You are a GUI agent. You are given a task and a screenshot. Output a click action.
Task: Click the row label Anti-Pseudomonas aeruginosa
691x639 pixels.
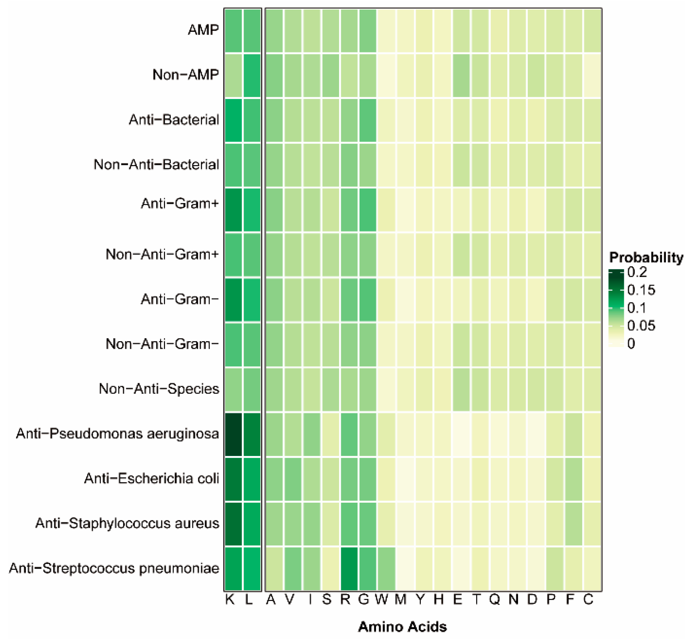(x=117, y=434)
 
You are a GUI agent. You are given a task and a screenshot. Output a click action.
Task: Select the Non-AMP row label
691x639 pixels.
(x=185, y=75)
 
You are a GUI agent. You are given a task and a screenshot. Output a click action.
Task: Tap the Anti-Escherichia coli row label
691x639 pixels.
(x=151, y=479)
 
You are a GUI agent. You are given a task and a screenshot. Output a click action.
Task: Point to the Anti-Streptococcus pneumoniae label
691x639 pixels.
(x=114, y=568)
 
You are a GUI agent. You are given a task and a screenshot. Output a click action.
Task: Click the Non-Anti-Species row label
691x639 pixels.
(x=159, y=389)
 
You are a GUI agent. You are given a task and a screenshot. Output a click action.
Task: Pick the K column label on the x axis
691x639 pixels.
(x=230, y=600)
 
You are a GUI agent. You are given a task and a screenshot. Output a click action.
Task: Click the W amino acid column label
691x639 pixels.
(x=382, y=600)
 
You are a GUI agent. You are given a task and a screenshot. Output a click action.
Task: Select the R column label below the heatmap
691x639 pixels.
(x=345, y=600)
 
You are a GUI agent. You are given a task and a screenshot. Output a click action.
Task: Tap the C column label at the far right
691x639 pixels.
(x=588, y=600)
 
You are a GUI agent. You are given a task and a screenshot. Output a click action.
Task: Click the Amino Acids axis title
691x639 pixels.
(x=402, y=627)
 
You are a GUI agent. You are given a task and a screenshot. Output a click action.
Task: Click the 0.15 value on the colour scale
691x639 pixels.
(x=641, y=290)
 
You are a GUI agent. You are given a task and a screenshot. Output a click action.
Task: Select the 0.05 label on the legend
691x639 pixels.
(x=641, y=326)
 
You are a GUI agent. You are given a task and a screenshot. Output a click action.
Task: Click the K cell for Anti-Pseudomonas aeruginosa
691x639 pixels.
(x=234, y=434)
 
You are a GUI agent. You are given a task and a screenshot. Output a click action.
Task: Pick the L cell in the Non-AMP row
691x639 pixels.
(x=252, y=75)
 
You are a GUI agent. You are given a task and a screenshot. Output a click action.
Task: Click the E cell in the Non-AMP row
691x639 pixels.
(x=461, y=75)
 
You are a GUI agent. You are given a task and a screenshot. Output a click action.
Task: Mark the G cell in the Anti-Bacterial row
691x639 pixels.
(x=368, y=120)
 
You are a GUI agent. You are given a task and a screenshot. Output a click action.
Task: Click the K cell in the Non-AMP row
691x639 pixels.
(x=234, y=75)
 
